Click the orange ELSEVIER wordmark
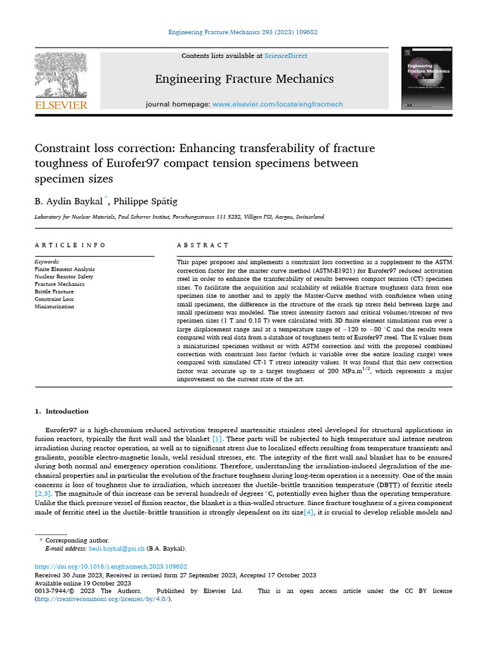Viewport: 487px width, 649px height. pyautogui.click(x=61, y=105)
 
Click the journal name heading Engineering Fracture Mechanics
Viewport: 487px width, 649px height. pyautogui.click(x=244, y=79)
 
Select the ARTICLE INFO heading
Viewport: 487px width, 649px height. pyautogui.click(x=70, y=245)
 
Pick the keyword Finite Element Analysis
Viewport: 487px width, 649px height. pyautogui.click(x=64, y=269)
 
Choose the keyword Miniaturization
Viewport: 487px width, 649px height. pyautogui.click(x=54, y=307)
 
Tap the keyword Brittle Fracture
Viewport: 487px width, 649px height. pyautogui.click(x=55, y=292)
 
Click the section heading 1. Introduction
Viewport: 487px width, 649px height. pyautogui.click(x=62, y=411)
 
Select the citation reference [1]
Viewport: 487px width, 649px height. pyautogui.click(x=217, y=439)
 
